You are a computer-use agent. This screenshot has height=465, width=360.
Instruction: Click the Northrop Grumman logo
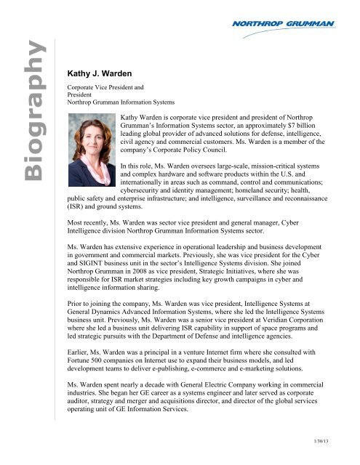point(297,27)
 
